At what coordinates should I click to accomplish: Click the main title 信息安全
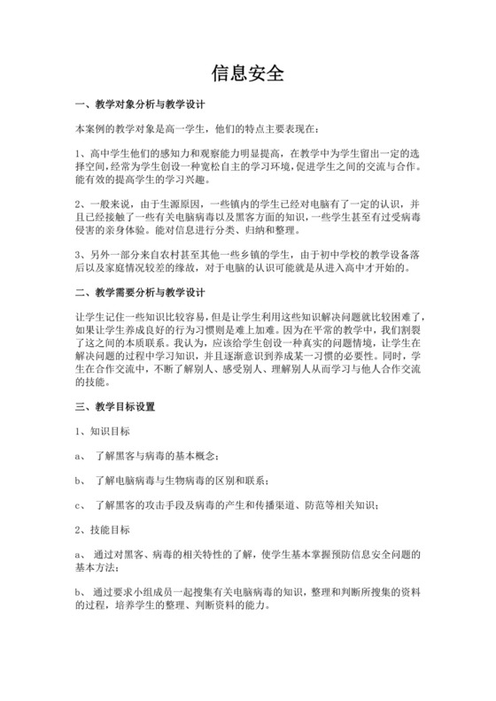point(248,73)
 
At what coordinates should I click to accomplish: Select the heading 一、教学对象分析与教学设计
point(143,104)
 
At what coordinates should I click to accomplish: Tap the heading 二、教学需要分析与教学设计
point(143,292)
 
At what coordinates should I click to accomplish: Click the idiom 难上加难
point(286,329)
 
